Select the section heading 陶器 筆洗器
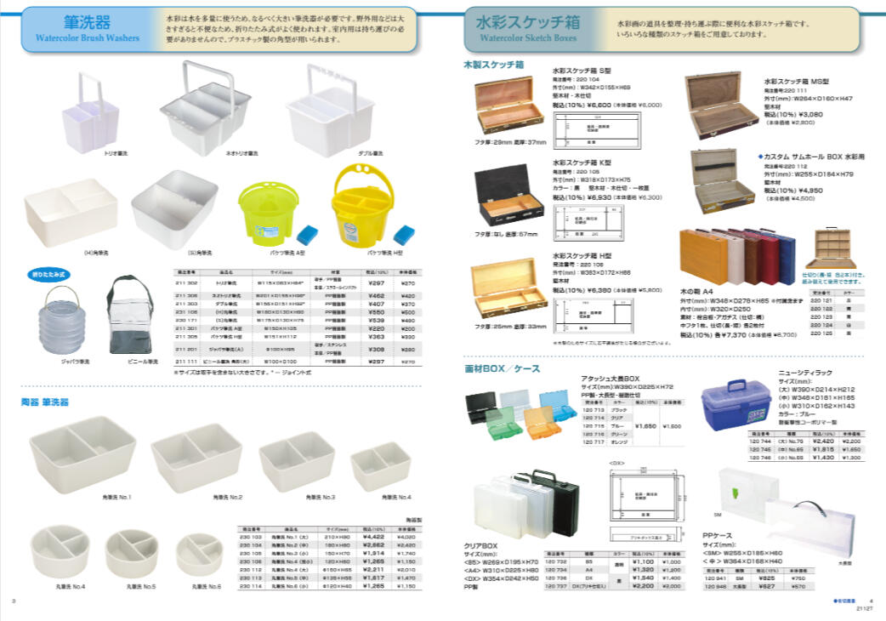pos(45,401)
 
